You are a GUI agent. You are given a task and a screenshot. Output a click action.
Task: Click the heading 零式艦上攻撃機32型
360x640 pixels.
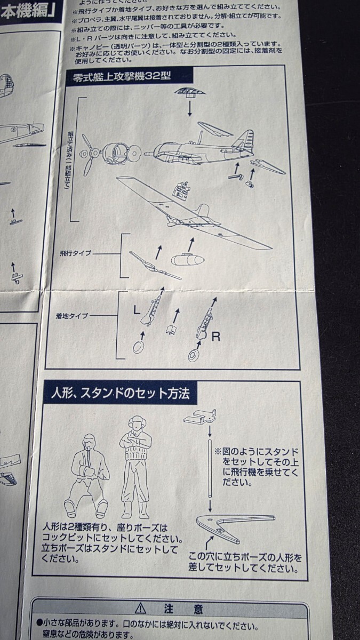pyautogui.click(x=122, y=75)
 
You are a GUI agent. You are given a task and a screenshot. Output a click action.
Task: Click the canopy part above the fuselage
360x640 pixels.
pyautogui.click(x=189, y=92)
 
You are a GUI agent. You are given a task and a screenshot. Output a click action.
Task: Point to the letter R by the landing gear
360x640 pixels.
pyautogui.click(x=215, y=337)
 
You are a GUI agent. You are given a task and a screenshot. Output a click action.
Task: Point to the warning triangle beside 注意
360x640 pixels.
pyautogui.click(x=141, y=609)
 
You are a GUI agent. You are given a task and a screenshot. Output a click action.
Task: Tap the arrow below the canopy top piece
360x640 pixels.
pyautogui.click(x=190, y=108)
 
